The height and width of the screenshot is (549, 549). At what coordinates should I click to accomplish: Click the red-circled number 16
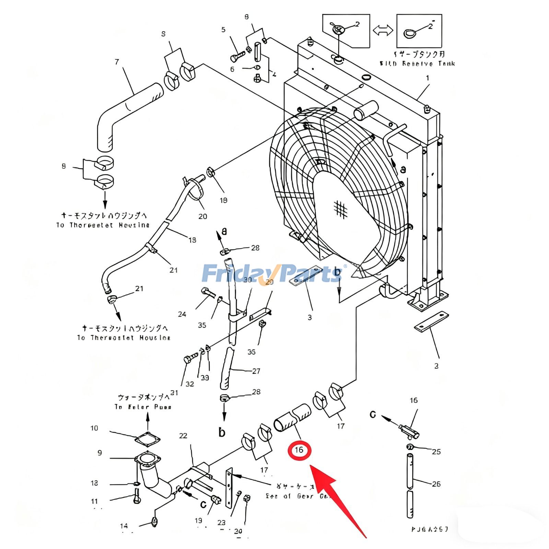tap(299, 450)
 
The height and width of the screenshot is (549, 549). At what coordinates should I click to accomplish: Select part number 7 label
tap(117, 62)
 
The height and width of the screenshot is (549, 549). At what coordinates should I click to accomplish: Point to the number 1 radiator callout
tap(428, 78)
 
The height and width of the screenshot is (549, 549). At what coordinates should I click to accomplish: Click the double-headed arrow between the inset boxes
tap(383, 30)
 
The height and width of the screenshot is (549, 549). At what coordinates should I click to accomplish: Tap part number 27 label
tap(256, 371)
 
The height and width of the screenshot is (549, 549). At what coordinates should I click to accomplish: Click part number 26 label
tap(436, 484)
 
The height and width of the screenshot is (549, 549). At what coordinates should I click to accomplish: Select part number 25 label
tap(436, 452)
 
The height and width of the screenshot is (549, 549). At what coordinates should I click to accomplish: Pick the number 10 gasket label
tap(94, 428)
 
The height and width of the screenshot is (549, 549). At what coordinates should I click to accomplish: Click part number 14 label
tap(124, 526)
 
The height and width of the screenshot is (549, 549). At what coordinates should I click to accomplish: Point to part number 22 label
tap(183, 436)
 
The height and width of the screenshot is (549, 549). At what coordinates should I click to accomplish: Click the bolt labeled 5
tap(237, 56)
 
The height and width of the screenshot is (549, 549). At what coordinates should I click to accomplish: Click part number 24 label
tap(182, 314)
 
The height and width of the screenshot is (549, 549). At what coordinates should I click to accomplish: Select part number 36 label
tap(252, 352)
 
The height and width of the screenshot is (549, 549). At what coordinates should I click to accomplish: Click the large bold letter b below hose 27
tap(222, 432)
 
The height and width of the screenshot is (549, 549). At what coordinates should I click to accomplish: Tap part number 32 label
tap(190, 384)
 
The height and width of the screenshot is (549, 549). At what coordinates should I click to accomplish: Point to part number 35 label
tap(202, 325)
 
